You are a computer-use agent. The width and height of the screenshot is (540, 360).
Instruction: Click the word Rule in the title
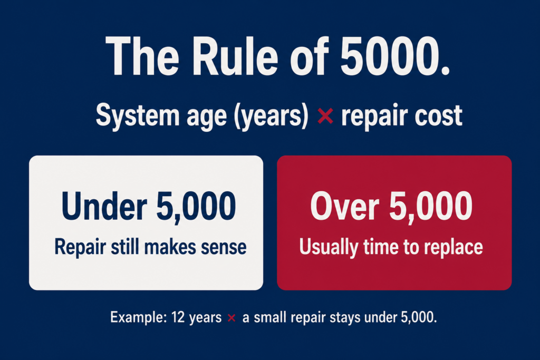pos(235,56)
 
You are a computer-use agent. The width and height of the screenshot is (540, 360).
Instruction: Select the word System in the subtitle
pos(138,116)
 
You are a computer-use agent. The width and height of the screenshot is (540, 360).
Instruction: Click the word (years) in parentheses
pos(271,116)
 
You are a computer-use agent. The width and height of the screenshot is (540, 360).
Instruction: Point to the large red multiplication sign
pos(325,116)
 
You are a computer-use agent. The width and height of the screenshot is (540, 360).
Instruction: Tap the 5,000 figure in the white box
pos(196,207)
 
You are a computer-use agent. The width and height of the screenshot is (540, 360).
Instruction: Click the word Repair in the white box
pos(80,248)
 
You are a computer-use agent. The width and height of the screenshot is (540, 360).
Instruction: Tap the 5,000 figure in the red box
pos(431,207)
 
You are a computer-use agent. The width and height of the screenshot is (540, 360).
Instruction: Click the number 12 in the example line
pos(178,317)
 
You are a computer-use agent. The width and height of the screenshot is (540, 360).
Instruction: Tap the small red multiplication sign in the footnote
pos(232,318)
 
